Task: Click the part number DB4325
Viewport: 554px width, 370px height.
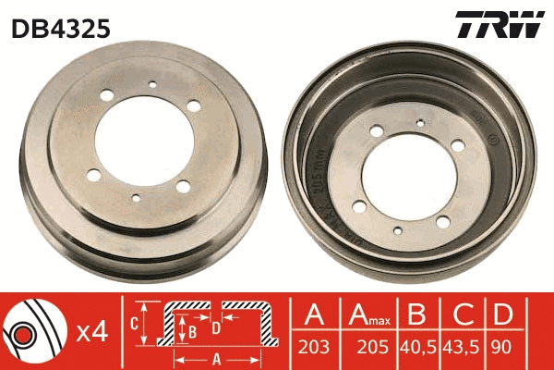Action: tap(61, 29)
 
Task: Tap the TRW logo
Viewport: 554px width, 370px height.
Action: tap(499, 25)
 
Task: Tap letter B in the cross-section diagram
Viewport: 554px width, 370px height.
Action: tap(192, 329)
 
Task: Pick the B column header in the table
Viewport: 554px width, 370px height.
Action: tap(415, 314)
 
